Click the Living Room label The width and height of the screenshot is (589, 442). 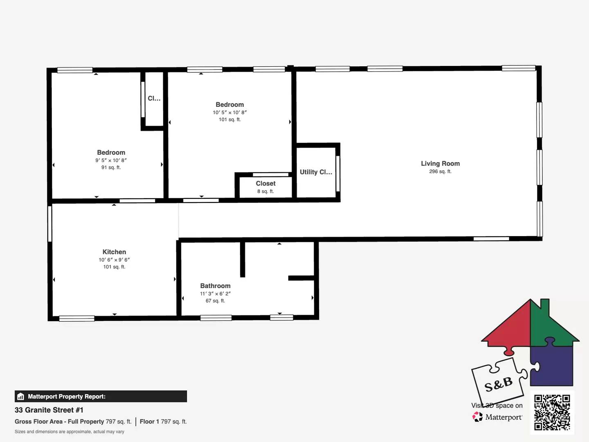(440, 163)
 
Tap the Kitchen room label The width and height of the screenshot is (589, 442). (114, 252)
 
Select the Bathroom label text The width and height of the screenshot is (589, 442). (215, 286)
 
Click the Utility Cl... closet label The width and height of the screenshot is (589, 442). (316, 172)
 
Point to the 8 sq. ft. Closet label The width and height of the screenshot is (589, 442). (265, 184)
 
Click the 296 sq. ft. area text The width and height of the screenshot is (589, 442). (440, 171)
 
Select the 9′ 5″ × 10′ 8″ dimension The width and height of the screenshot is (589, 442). (111, 160)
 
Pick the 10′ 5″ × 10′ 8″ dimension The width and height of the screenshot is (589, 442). (229, 113)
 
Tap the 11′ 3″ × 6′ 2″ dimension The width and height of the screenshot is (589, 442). (215, 293)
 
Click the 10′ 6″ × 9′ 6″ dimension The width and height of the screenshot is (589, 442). (114, 260)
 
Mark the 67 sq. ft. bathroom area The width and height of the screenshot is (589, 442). (215, 301)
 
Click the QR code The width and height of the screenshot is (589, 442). (552, 412)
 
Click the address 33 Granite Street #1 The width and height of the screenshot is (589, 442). (49, 410)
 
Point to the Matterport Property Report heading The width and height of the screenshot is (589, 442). (66, 397)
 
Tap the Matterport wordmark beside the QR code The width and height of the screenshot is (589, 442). (504, 417)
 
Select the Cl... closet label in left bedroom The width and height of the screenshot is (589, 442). (154, 98)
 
